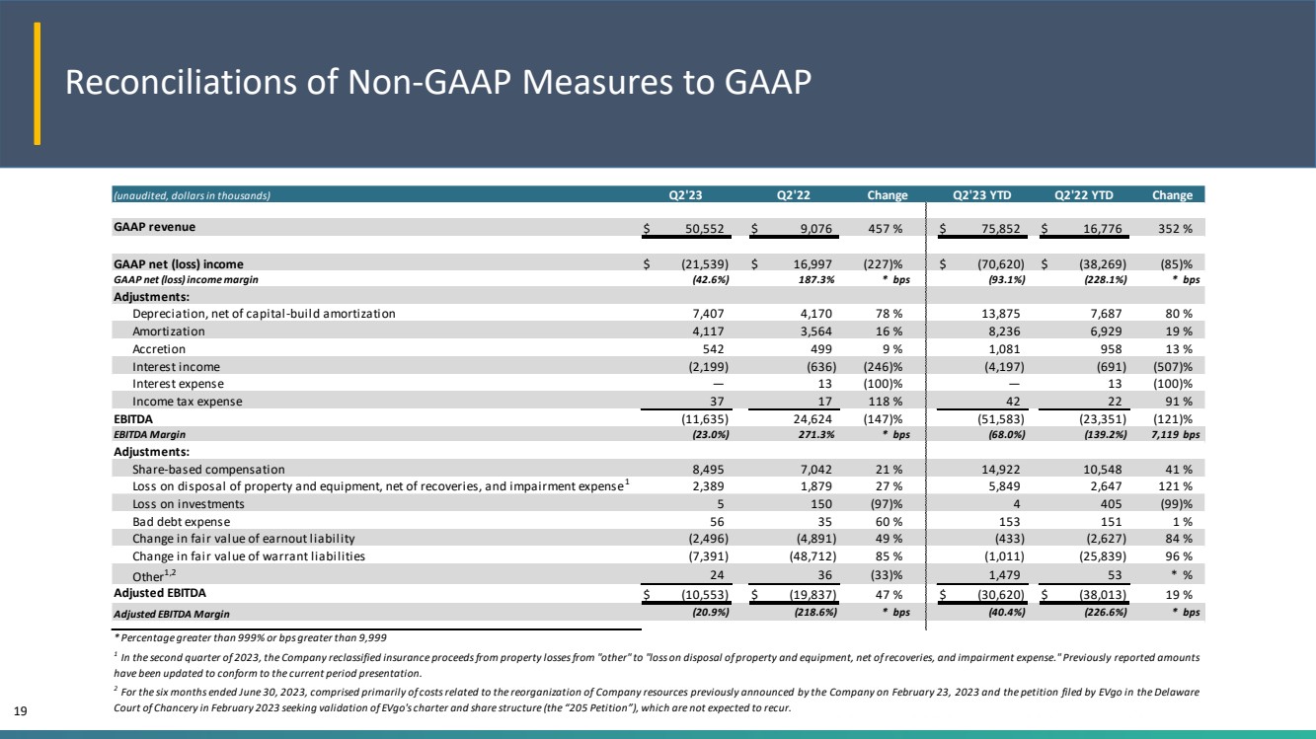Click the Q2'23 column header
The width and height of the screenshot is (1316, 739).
coord(685,195)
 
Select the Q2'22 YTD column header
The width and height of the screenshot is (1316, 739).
coord(1083,195)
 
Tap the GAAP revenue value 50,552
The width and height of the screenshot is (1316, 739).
coord(705,228)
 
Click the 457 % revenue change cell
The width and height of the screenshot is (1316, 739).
coord(885,228)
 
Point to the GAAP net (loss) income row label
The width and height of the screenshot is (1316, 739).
coord(178,264)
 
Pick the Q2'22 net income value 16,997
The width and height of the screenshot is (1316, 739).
coord(813,264)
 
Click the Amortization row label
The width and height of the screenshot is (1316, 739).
coord(169,332)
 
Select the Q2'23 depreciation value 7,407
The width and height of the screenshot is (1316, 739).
coord(708,314)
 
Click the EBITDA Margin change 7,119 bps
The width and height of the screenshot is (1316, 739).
coord(1175,434)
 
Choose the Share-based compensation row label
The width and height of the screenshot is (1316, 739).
coord(208,469)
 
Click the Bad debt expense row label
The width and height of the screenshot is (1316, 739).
coord(181,521)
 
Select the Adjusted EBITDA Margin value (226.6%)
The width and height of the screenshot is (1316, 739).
coord(1105,612)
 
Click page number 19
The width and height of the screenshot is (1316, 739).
coord(21,711)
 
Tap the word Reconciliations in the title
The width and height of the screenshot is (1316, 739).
coord(181,82)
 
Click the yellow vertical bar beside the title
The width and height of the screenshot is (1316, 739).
coord(37,83)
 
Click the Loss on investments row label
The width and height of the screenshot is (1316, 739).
coord(188,503)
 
